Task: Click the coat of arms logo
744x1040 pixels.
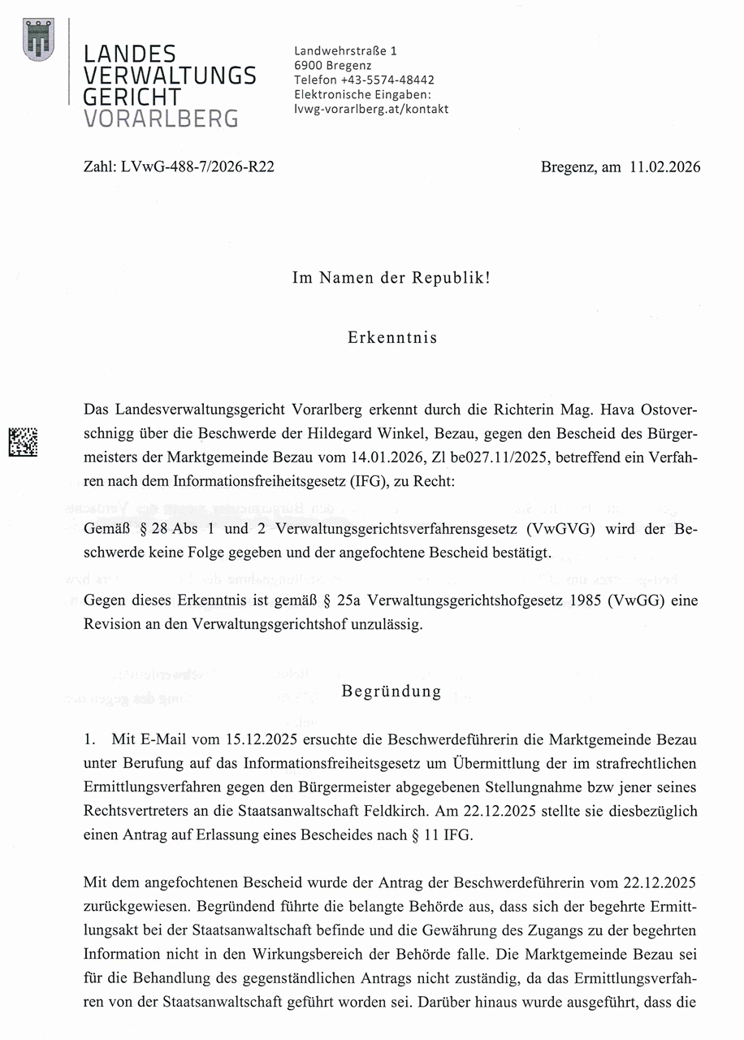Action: pyautogui.click(x=38, y=38)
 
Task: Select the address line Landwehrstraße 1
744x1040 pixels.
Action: pyautogui.click(x=345, y=50)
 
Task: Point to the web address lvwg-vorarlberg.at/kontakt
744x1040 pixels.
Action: pyautogui.click(x=370, y=109)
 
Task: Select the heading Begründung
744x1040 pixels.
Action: pyautogui.click(x=391, y=691)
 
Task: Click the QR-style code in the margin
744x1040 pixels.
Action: pyautogui.click(x=23, y=441)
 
